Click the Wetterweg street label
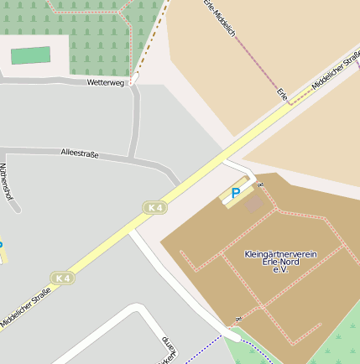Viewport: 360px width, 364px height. [x=106, y=83]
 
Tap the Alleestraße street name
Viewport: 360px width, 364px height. [x=80, y=153]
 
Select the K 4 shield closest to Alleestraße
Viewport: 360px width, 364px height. [x=153, y=207]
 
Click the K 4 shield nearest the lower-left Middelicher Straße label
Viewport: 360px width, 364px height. [x=61, y=278]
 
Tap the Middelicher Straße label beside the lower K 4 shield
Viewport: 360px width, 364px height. [x=25, y=307]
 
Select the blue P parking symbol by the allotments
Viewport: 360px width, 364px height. [x=236, y=193]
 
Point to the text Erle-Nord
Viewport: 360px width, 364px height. [x=279, y=262]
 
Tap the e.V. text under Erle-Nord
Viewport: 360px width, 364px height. [x=279, y=270]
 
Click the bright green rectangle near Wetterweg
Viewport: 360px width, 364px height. [x=30, y=55]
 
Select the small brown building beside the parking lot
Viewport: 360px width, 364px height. [x=254, y=203]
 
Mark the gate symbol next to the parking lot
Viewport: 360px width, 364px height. [x=260, y=184]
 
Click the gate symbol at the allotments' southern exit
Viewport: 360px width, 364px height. [x=238, y=320]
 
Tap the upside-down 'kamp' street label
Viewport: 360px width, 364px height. [x=167, y=346]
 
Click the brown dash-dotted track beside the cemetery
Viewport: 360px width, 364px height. [x=148, y=41]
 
